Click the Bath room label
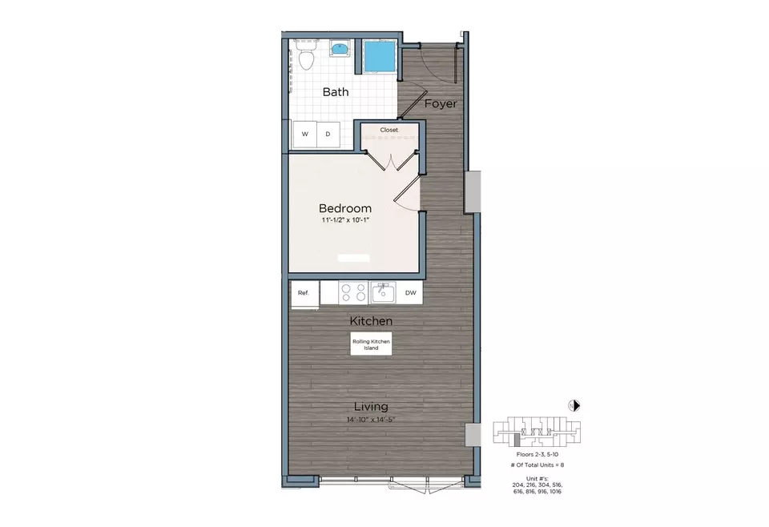(336, 92)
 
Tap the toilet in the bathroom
(304, 56)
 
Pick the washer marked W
(305, 135)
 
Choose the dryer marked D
(328, 135)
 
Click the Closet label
(389, 130)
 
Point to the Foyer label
(441, 104)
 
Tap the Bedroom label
(345, 208)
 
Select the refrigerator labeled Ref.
(304, 293)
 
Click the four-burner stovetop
(352, 292)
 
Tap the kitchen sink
(384, 292)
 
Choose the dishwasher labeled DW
(410, 293)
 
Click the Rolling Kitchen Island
(370, 345)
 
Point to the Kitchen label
(371, 321)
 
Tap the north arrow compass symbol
(574, 405)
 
